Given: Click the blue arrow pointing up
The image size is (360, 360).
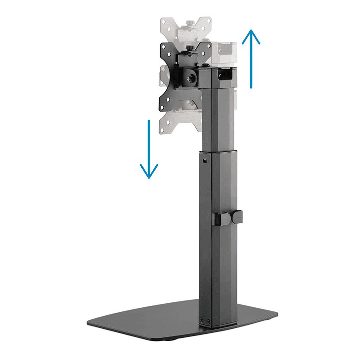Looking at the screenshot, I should tap(251, 58).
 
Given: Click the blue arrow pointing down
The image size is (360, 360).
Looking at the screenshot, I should tap(149, 150).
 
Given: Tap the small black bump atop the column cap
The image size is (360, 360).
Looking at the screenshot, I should tap(206, 65).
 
